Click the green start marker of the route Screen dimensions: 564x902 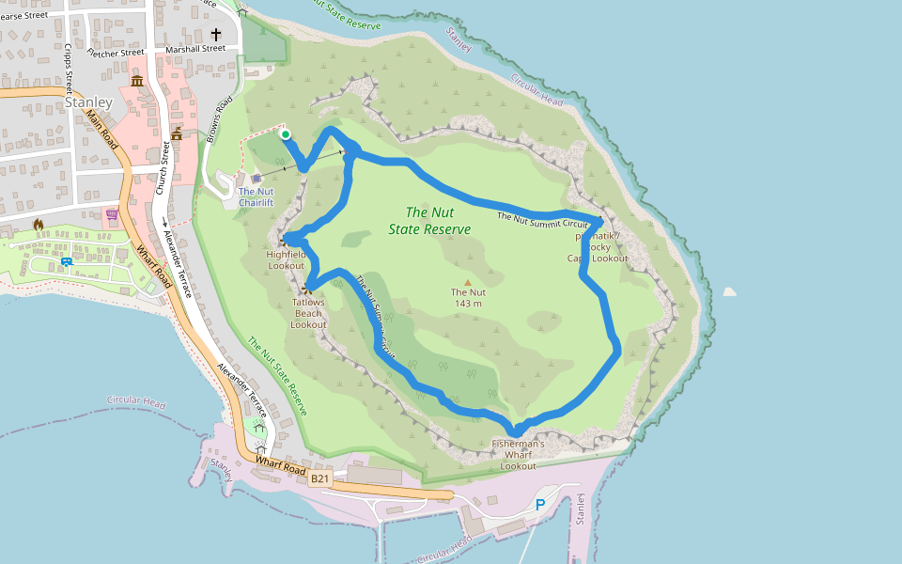(x=286, y=134)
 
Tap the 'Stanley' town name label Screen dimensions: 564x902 (x=89, y=102)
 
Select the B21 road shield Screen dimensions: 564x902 (x=320, y=478)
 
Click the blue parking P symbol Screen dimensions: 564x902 (x=540, y=505)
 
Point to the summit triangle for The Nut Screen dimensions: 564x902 (x=468, y=281)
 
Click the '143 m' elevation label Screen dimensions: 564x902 (x=468, y=303)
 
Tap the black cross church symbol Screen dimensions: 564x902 (x=215, y=34)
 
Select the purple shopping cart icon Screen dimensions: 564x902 (x=113, y=214)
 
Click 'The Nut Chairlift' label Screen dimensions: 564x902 (x=256, y=196)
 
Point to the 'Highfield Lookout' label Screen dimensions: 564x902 (x=286, y=259)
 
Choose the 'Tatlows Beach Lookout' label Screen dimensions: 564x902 (x=308, y=313)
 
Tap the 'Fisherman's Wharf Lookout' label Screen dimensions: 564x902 (x=519, y=454)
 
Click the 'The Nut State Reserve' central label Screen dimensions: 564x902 (x=429, y=221)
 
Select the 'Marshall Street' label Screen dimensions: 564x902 (x=195, y=48)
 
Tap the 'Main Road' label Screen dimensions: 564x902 (x=101, y=129)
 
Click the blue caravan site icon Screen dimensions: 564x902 (x=68, y=260)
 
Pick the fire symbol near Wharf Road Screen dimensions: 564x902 (x=39, y=225)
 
